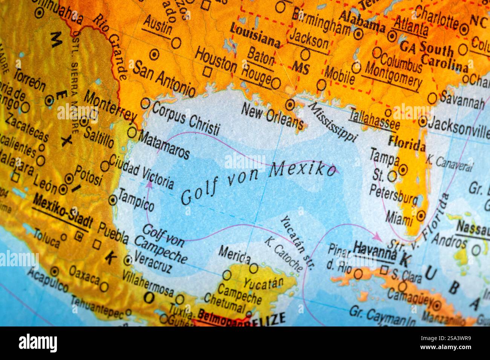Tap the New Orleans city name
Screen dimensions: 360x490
(x=272, y=115)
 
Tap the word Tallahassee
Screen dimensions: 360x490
(x=374, y=117)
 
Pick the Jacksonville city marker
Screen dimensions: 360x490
(x=423, y=121)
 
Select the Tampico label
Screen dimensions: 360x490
(x=136, y=200)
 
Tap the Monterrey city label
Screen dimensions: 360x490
(x=110, y=107)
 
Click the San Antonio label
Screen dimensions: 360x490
(x=165, y=78)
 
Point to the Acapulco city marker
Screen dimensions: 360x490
(x=55, y=270)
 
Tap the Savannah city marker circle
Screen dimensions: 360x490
(x=432, y=98)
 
